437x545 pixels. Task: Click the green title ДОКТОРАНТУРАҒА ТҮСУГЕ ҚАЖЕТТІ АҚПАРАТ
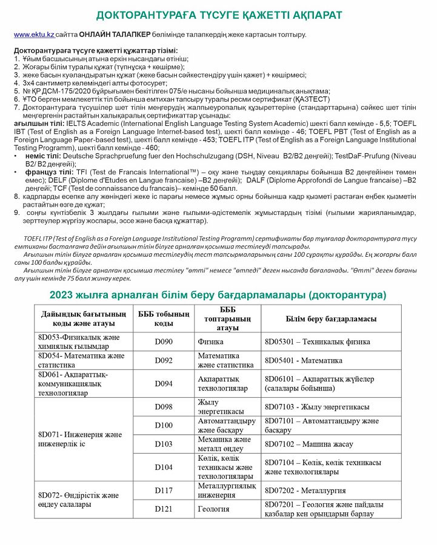[219, 14]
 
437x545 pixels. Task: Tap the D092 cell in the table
[163, 360]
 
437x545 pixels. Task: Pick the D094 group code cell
[163, 383]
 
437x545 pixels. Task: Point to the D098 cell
[163, 407]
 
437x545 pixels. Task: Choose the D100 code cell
[163, 426]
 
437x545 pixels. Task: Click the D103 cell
[163, 444]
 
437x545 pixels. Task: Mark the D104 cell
[163, 467]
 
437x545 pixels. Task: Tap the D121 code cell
[163, 509]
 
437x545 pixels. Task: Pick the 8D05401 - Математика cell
[304, 360]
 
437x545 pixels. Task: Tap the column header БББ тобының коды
[163, 319]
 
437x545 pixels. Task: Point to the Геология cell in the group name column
[213, 509]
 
